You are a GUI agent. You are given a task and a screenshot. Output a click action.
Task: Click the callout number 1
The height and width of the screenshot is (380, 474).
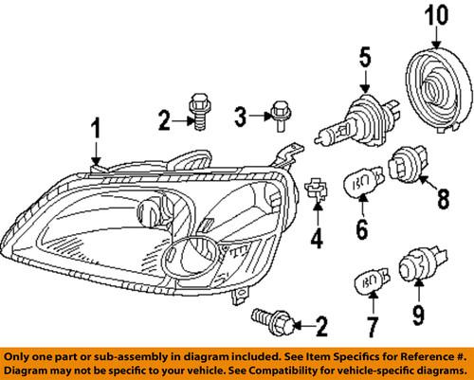(x=95, y=128)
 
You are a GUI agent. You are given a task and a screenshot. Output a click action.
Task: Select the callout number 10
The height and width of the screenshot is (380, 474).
(x=435, y=15)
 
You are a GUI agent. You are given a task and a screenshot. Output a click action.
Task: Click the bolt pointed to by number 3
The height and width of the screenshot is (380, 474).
(x=279, y=115)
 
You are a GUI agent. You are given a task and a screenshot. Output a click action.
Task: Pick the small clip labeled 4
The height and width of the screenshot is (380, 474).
(x=316, y=190)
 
